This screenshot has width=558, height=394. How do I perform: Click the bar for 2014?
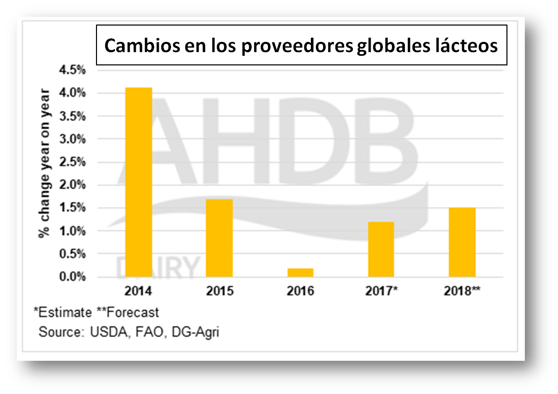139,182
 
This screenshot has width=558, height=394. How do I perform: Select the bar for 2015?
220,238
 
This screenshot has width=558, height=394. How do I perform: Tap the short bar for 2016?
300,272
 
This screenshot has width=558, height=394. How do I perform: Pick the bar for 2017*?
381,249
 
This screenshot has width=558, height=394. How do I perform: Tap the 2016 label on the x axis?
300,291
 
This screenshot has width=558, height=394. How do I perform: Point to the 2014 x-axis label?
139,291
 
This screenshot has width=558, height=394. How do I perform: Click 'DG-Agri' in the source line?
197,332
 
